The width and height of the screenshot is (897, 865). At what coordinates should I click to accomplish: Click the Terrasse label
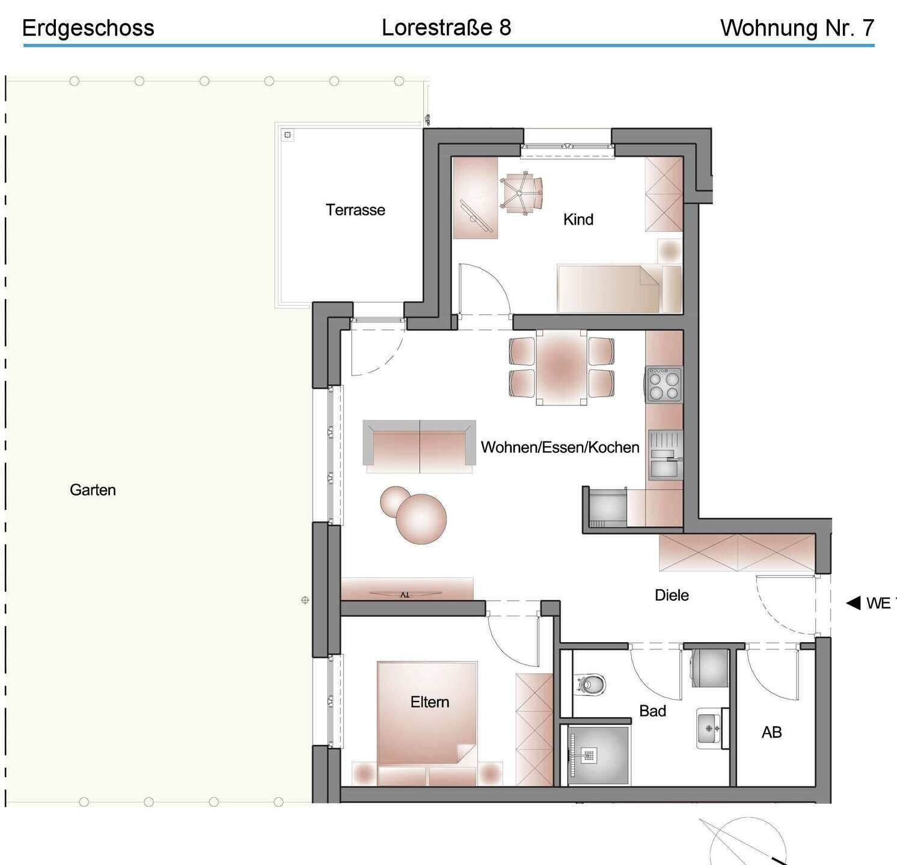click(355, 210)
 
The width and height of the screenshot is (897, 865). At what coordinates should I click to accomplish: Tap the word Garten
click(93, 490)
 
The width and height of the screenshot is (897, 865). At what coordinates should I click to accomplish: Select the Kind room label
click(578, 219)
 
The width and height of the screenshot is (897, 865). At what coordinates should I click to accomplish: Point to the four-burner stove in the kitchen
click(664, 384)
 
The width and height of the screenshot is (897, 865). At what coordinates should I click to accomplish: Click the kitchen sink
click(665, 454)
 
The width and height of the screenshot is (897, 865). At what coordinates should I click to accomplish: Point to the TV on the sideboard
click(405, 594)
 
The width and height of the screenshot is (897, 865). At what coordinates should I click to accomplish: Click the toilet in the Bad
click(592, 684)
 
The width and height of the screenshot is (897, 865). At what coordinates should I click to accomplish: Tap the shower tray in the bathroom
click(598, 755)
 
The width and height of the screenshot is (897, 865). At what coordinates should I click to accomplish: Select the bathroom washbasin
click(710, 728)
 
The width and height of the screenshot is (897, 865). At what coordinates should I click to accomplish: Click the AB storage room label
click(771, 732)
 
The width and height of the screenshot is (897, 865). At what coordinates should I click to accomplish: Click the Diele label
click(672, 595)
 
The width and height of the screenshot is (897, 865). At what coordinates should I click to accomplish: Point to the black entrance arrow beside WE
click(853, 602)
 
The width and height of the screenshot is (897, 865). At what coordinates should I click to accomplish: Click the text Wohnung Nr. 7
click(797, 28)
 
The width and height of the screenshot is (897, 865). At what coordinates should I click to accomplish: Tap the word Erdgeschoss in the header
click(88, 28)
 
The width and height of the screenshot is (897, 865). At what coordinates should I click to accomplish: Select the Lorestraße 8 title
click(446, 27)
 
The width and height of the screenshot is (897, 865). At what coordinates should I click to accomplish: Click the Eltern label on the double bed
click(429, 702)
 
